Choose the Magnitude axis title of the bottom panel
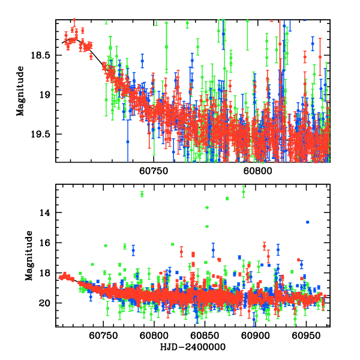(x=28, y=256)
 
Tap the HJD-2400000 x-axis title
(x=192, y=346)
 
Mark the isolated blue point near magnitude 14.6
(x=308, y=222)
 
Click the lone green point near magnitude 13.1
(x=227, y=199)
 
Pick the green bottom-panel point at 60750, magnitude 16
(x=106, y=245)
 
